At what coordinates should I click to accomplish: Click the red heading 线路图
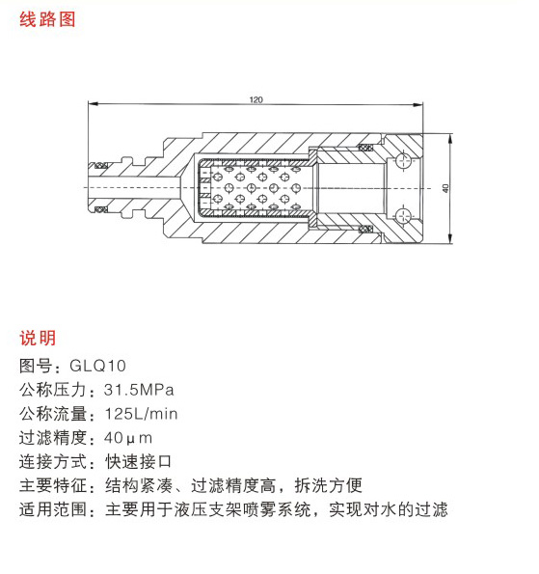[47, 19]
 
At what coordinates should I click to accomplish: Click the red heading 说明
[38, 338]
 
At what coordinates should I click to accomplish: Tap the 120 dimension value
[256, 99]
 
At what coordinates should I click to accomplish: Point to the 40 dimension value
[445, 188]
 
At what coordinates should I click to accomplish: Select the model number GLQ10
[97, 366]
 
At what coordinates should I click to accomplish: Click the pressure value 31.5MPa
[139, 390]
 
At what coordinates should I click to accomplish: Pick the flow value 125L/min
[141, 414]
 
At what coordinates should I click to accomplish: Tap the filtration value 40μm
[127, 438]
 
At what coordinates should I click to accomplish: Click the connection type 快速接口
[138, 462]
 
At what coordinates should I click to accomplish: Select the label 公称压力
[53, 390]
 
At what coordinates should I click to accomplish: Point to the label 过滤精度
[53, 438]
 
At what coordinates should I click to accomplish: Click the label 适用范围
[53, 509]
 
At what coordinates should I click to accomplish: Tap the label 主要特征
[53, 486]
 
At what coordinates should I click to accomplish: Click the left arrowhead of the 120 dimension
[93, 104]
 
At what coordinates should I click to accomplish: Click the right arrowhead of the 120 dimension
[418, 105]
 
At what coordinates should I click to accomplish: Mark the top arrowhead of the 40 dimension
[450, 139]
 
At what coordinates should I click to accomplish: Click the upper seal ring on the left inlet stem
[101, 166]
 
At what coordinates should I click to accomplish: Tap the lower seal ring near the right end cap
[365, 230]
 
